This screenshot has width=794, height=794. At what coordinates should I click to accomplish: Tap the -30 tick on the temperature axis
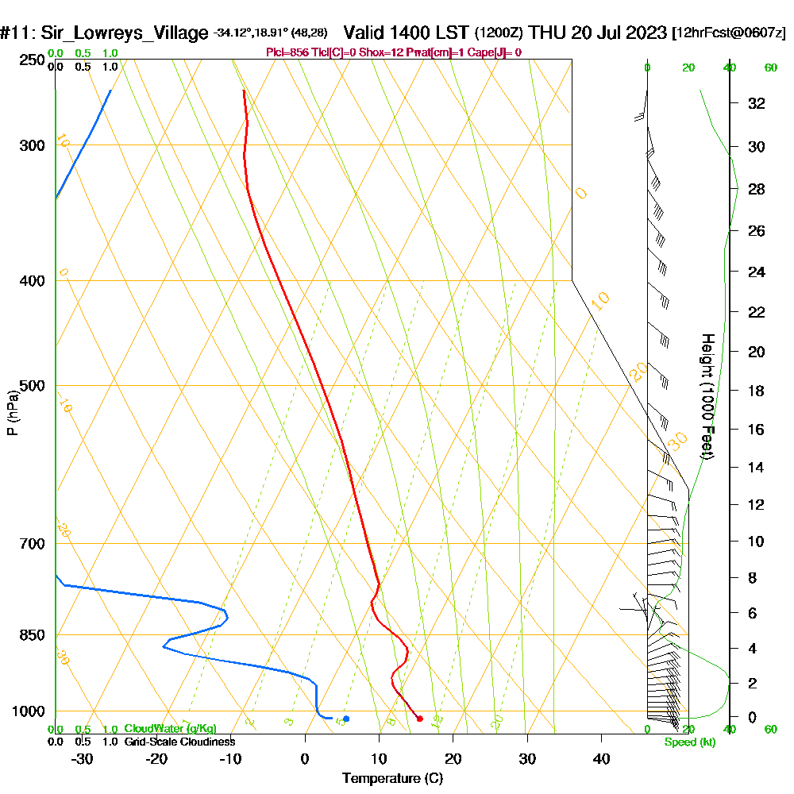coord(83,758)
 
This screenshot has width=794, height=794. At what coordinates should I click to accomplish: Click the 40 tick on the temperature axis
coord(601,758)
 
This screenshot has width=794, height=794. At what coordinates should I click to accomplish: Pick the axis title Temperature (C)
coord(392,778)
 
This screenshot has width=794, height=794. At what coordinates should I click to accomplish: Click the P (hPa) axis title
coord(12,412)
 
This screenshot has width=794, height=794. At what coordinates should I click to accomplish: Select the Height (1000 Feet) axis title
coord(706,396)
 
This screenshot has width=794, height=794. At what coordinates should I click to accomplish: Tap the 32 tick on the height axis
coord(756,103)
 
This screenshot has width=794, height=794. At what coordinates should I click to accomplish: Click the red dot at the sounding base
coord(420,719)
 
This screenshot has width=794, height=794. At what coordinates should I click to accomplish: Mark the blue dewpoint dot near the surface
coord(346,719)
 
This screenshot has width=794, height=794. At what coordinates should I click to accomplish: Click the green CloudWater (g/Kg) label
coord(170,729)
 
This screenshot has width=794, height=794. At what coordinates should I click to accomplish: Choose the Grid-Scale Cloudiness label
coord(179,742)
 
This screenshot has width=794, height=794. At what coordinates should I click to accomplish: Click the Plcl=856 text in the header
coord(289,52)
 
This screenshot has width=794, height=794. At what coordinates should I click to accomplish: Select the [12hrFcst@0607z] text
coord(729,33)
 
